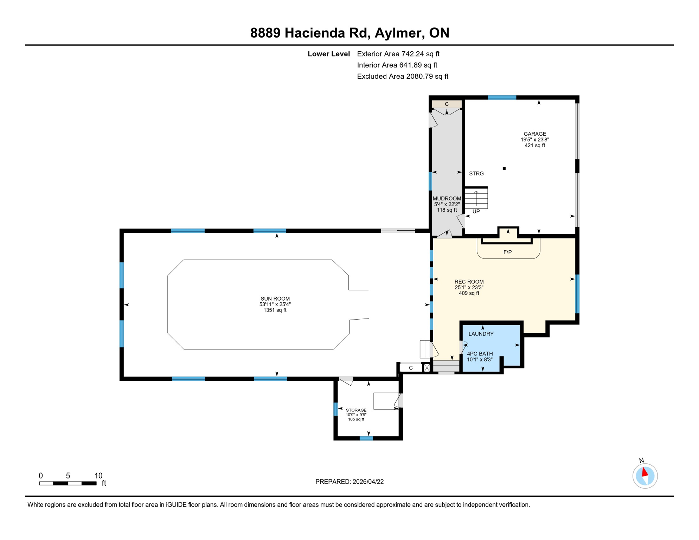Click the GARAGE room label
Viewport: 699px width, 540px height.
(534, 134)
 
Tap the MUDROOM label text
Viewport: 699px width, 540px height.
(447, 199)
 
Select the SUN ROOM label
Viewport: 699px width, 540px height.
(275, 299)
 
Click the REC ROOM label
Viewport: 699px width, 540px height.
(469, 282)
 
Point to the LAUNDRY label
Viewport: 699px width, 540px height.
(481, 334)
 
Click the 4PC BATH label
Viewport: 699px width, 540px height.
(480, 354)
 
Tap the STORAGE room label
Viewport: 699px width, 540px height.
(356, 410)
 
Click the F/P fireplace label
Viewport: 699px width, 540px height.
(507, 252)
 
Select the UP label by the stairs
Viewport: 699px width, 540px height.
(476, 212)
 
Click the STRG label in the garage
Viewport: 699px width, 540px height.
(476, 174)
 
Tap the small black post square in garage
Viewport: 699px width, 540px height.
(504, 169)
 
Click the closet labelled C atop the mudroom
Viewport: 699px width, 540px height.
(447, 104)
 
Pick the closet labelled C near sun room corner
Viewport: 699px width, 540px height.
(410, 368)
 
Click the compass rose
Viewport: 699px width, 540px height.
(645, 476)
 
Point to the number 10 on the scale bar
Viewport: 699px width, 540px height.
(98, 476)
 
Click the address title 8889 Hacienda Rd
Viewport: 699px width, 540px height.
(349, 33)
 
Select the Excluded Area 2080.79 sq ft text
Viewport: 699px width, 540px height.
(402, 77)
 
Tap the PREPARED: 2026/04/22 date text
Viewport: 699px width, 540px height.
(349, 482)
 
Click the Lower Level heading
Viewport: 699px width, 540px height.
(328, 54)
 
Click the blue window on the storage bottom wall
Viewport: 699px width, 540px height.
(366, 438)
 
